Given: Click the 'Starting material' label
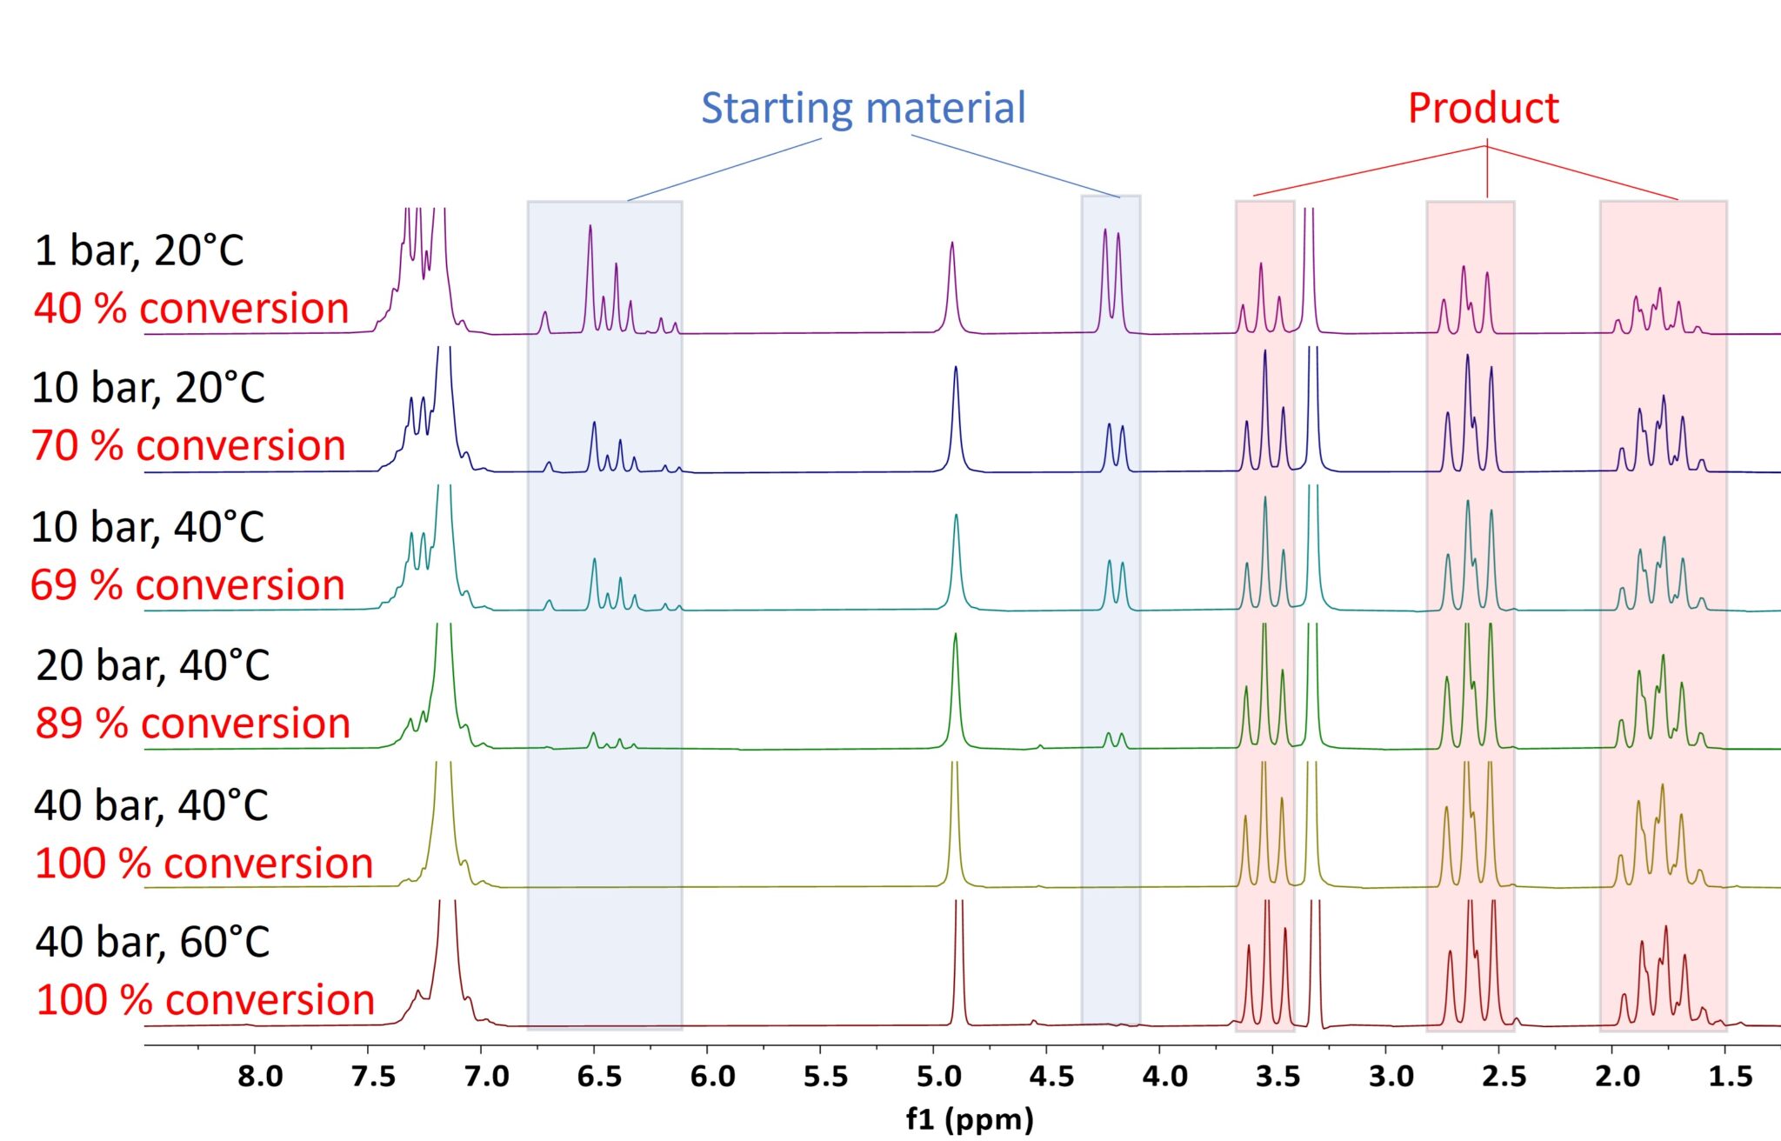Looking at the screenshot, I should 863,109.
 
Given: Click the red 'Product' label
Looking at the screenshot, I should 1483,109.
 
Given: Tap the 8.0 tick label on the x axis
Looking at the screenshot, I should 260,1077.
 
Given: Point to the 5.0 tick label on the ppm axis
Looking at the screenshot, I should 938,1077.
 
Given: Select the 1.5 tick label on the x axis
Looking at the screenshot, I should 1730,1077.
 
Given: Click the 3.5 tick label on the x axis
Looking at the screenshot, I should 1277,1077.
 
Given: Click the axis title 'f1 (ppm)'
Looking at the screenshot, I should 969,1119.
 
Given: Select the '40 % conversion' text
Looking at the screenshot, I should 191,309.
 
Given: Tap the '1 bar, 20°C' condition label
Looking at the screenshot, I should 139,251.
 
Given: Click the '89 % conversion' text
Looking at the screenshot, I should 192,724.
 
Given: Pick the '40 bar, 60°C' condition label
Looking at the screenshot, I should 152,943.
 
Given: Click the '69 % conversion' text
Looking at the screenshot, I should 187,585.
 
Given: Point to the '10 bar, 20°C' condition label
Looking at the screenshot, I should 148,389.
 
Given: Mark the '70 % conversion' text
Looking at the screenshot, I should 189,446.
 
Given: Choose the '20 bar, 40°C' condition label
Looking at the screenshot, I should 152,666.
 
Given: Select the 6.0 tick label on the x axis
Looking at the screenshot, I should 712,1077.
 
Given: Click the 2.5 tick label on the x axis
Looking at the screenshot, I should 1504,1077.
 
